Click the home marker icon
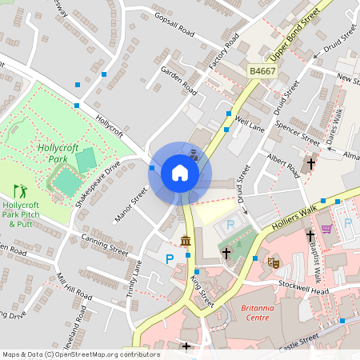click(x=180, y=173)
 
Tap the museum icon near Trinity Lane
click(x=186, y=241)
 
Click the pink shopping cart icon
click(x=326, y=229)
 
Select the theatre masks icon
click(x=274, y=262)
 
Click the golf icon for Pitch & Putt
click(x=20, y=191)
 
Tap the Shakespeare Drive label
click(x=98, y=184)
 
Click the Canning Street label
click(x=105, y=244)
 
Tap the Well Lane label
click(x=250, y=122)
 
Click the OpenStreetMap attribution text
click(x=80, y=354)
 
